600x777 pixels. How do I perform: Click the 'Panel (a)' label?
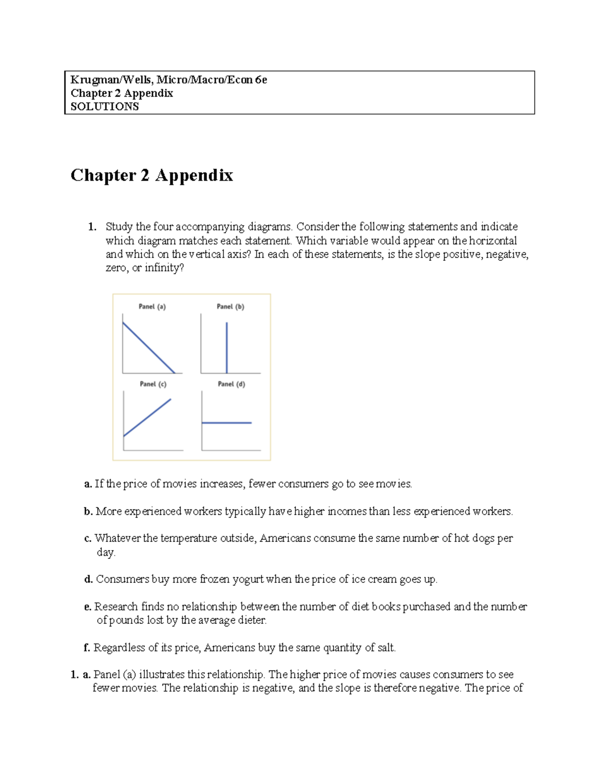pyautogui.click(x=152, y=307)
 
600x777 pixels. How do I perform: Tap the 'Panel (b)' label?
pyautogui.click(x=230, y=307)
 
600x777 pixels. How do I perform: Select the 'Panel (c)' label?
pyautogui.click(x=153, y=384)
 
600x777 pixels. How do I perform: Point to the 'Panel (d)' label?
pyautogui.click(x=231, y=384)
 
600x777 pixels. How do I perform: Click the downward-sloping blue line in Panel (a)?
pyautogui.click(x=148, y=348)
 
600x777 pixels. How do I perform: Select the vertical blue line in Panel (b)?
pyautogui.click(x=226, y=348)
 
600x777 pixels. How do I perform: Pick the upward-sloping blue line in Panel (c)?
pyautogui.click(x=147, y=418)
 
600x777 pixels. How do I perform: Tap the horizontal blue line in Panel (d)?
pyautogui.click(x=226, y=423)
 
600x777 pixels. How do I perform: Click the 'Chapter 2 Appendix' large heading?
pyautogui.click(x=151, y=175)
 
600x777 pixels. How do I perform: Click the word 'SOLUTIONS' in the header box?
pyautogui.click(x=104, y=107)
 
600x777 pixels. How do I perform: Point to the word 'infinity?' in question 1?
pyautogui.click(x=164, y=268)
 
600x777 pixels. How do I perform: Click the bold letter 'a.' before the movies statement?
pyautogui.click(x=88, y=484)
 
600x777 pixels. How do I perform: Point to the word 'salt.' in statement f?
pyautogui.click(x=386, y=648)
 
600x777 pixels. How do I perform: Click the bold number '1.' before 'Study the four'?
pyautogui.click(x=92, y=227)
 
